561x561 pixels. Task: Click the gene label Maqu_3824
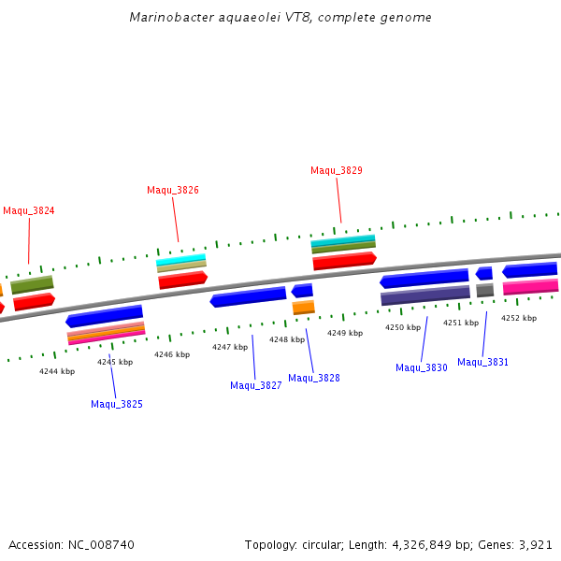tap(29, 210)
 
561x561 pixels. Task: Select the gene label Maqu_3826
tap(173, 190)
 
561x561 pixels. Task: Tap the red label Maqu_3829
tap(337, 170)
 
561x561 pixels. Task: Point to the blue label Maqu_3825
tap(117, 404)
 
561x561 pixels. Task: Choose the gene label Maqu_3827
tap(256, 385)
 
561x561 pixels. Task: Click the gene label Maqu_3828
tap(314, 378)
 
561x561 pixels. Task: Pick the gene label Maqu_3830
tap(422, 367)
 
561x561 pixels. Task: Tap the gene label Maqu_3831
tap(483, 362)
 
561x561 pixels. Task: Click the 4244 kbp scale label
tap(57, 371)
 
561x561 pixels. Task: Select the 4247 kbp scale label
tap(230, 347)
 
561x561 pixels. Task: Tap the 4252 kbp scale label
tap(519, 318)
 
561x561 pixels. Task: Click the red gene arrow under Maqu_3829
tap(344, 260)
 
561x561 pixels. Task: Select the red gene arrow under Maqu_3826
tap(182, 279)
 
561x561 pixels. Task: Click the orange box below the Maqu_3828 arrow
tap(304, 307)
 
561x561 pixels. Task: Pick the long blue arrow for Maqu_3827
tap(248, 296)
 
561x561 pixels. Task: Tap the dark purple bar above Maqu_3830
tap(425, 295)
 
